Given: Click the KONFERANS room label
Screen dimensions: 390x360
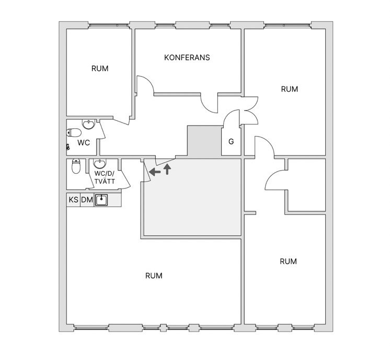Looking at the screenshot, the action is point(187,58).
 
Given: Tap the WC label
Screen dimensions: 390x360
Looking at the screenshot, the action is point(84,143).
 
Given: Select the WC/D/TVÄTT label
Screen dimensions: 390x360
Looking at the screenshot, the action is point(105,177).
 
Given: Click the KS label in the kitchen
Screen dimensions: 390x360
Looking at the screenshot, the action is point(73,200).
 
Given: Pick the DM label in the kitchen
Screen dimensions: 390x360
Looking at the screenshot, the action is point(87,200).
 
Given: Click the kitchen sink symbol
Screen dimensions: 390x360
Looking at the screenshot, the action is point(101,200).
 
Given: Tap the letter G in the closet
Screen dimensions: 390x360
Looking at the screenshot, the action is point(231,142).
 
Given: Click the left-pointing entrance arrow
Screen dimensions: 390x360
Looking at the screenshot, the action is point(155,172).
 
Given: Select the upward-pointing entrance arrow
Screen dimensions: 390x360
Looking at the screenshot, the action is point(168,169).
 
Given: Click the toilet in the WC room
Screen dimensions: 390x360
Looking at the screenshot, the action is point(74,133).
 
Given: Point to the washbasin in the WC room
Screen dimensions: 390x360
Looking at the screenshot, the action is point(88,124).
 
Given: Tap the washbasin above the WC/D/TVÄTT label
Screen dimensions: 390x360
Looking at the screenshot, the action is point(100,163).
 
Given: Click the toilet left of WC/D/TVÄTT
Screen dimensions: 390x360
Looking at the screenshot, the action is point(76,166).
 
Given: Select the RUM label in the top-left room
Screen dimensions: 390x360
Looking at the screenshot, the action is point(100,69).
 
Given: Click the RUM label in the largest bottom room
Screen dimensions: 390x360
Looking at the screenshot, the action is point(154,276).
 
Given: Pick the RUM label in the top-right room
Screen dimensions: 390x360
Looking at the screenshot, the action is point(290,89).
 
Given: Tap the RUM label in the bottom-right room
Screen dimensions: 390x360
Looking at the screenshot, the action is point(288,262).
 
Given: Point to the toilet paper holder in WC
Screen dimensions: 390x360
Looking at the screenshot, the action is point(67,147).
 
